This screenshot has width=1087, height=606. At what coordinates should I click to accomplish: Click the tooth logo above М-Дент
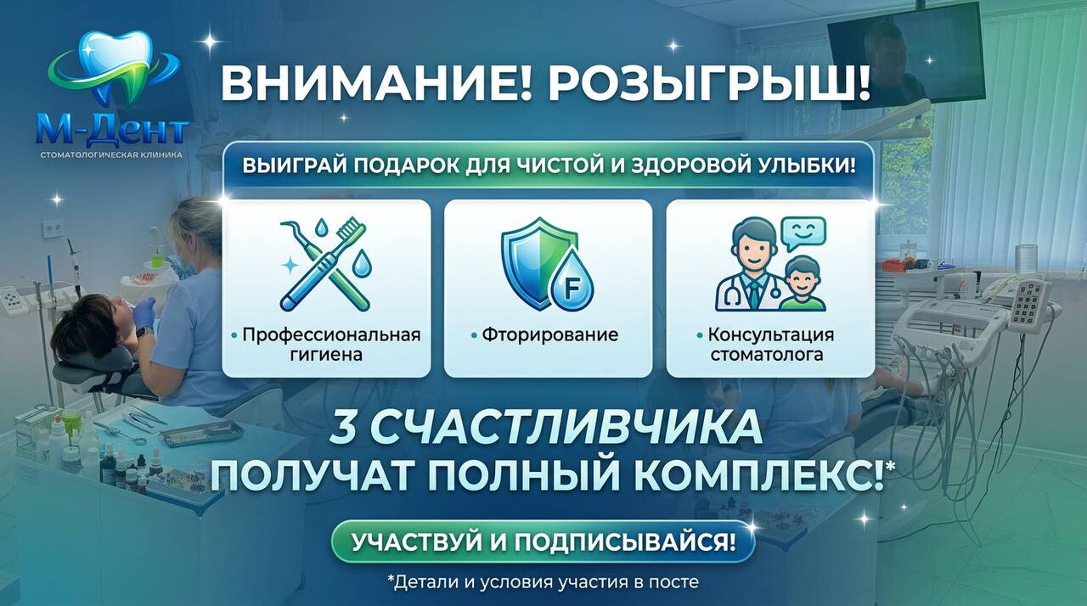[114, 68]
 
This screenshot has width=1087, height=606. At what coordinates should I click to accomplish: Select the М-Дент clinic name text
[112, 132]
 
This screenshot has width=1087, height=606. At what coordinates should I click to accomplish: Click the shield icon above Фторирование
[539, 263]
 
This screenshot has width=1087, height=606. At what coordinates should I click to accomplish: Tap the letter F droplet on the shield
[572, 282]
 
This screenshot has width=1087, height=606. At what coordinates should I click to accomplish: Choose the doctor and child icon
[769, 264]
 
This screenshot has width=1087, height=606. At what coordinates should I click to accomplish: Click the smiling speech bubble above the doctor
[803, 233]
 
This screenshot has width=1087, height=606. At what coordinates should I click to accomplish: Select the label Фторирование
[549, 334]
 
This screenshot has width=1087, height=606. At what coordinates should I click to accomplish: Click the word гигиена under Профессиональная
[326, 355]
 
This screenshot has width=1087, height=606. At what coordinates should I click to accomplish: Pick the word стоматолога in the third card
[767, 355]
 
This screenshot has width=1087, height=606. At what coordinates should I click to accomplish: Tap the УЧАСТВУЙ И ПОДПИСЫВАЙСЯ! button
[543, 541]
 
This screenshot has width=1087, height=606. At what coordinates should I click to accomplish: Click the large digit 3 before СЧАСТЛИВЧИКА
[344, 427]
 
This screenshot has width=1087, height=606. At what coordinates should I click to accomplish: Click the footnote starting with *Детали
[543, 581]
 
